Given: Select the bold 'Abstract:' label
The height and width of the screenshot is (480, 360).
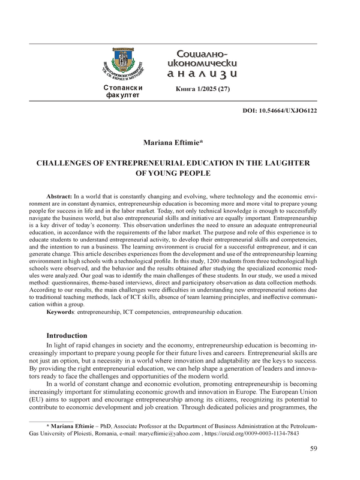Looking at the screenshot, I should click(x=59, y=197).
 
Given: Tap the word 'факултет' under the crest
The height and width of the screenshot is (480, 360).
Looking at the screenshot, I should click(x=123, y=95).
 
